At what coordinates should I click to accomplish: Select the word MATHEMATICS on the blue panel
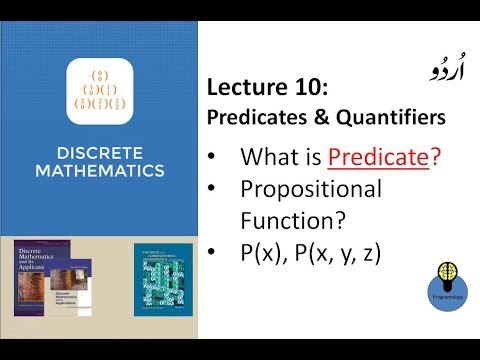[98, 171]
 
